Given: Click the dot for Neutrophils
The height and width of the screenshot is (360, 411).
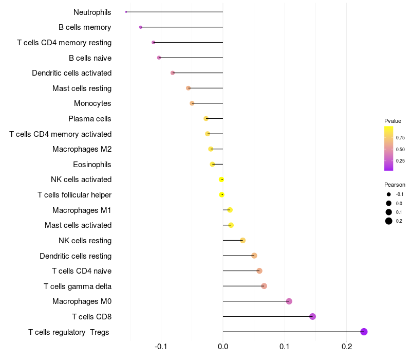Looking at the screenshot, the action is point(126,12).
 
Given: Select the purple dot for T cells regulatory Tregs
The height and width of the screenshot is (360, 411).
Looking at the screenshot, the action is point(364,332).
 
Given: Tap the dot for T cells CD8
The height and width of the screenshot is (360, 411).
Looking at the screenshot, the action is point(312,316).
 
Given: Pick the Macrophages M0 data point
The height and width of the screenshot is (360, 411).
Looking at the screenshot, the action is point(289,301).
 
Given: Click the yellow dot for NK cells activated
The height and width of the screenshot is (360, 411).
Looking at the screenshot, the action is point(221,179).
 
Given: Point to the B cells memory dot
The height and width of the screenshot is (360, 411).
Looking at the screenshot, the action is point(141,27).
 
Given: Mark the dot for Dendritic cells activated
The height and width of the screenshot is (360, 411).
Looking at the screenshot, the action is point(173,73).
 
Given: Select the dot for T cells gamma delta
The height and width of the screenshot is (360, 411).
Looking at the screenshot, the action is point(264,286).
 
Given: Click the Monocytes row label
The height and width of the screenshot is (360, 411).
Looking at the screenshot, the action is point(92,103).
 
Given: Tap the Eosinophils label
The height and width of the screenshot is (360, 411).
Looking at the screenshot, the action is point(92,165).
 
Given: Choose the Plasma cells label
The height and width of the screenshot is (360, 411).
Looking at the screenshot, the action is point(89,119).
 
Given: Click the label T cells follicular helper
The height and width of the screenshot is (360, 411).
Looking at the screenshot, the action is point(74,195).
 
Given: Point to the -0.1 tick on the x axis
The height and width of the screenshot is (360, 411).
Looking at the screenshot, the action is point(161,347).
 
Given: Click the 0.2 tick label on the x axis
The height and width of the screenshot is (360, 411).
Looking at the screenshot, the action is point(346,347).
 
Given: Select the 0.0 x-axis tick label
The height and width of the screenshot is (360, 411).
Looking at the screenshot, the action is point(223,347).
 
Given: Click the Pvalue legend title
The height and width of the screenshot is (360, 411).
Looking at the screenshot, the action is point(393,121).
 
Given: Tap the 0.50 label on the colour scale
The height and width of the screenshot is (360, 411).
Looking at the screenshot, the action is point(400,149).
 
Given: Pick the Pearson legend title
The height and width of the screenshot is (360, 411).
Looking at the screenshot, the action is point(395,185).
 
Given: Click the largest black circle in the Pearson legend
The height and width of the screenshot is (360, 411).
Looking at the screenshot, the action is point(389,221).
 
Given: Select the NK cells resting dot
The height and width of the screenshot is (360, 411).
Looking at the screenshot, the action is point(242,240).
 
